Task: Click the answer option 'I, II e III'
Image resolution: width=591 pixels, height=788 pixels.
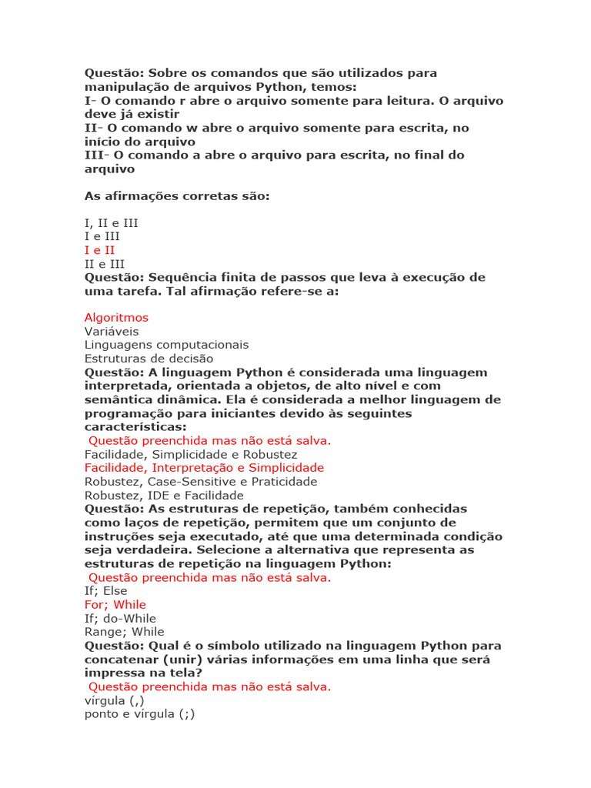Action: [111, 222]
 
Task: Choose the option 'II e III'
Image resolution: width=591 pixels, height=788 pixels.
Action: [104, 264]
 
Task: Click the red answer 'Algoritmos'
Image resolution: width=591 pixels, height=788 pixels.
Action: [116, 317]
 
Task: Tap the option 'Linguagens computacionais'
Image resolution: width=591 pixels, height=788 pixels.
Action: [166, 345]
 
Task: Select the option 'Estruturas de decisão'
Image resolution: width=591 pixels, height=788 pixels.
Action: [149, 359]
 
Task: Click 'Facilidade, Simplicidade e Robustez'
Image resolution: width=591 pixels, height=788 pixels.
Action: [191, 454]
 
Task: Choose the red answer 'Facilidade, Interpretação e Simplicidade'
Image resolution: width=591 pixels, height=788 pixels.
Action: [204, 468]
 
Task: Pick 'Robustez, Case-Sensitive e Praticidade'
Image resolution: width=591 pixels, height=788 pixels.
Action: [200, 482]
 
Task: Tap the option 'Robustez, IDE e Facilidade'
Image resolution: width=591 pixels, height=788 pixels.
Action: [164, 496]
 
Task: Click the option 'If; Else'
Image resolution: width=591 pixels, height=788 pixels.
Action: [106, 591]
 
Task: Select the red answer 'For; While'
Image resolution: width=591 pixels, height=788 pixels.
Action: [115, 605]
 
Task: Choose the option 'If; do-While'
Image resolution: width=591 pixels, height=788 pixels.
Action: [120, 619]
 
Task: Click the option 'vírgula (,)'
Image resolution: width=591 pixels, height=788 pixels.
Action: [114, 701]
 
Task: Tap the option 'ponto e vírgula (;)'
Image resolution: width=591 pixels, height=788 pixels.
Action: [140, 715]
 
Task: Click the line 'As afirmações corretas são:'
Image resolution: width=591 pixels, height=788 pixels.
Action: [177, 196]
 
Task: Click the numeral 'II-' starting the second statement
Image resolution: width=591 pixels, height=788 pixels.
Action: [92, 128]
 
